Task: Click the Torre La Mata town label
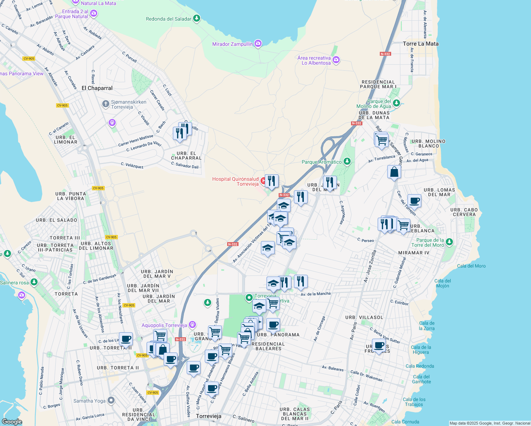[421, 44]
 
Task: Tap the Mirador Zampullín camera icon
[258, 44]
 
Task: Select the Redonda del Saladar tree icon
[196, 18]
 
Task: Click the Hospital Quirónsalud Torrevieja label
[235, 181]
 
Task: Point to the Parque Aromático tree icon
[347, 162]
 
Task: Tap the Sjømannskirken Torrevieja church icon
[105, 104]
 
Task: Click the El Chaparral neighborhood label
[97, 88]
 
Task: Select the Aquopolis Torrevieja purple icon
[192, 325]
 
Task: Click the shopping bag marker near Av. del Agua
[394, 172]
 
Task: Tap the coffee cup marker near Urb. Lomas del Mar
[414, 201]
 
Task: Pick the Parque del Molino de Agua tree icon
[396, 103]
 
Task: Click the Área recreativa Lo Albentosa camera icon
[336, 60]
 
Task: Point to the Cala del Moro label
[471, 266]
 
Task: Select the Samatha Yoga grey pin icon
[111, 401]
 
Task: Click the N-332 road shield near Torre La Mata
[385, 54]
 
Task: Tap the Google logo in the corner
[12, 421]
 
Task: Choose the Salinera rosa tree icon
[34, 282]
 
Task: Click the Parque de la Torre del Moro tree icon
[449, 242]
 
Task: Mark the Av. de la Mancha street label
[315, 294]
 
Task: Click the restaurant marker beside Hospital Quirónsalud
[272, 181]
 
